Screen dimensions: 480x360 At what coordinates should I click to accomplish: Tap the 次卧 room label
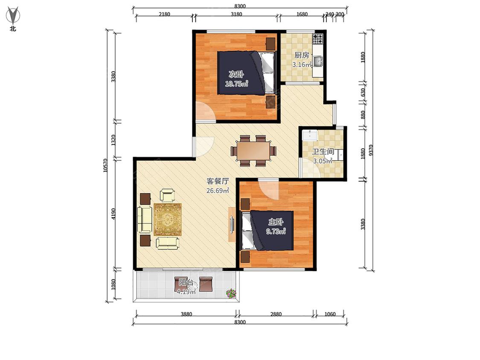click(x=236, y=74)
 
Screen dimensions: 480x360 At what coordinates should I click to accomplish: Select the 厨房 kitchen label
click(x=302, y=55)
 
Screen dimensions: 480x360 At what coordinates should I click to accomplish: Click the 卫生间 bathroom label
click(x=323, y=152)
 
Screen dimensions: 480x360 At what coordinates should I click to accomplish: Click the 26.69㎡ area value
click(x=218, y=191)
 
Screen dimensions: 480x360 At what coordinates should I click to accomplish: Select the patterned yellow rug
click(x=167, y=220)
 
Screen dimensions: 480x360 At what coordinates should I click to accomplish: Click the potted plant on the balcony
click(x=231, y=293)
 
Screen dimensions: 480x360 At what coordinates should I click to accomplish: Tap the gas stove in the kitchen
click(x=318, y=39)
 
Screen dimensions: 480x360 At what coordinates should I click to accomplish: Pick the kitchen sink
click(x=318, y=61)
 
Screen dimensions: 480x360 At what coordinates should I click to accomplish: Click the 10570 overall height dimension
click(x=106, y=165)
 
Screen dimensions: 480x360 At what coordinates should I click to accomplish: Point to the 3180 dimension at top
click(x=236, y=14)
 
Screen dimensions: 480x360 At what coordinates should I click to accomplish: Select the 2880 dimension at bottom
click(x=276, y=314)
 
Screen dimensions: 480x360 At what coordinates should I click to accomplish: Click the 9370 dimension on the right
click(x=371, y=150)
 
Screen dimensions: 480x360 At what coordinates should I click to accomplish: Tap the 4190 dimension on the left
click(x=113, y=214)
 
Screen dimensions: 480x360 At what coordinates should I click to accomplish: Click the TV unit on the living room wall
click(x=232, y=225)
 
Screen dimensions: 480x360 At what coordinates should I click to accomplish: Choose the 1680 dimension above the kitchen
click(x=302, y=14)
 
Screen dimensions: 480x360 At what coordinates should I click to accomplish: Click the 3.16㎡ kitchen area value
click(x=302, y=64)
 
